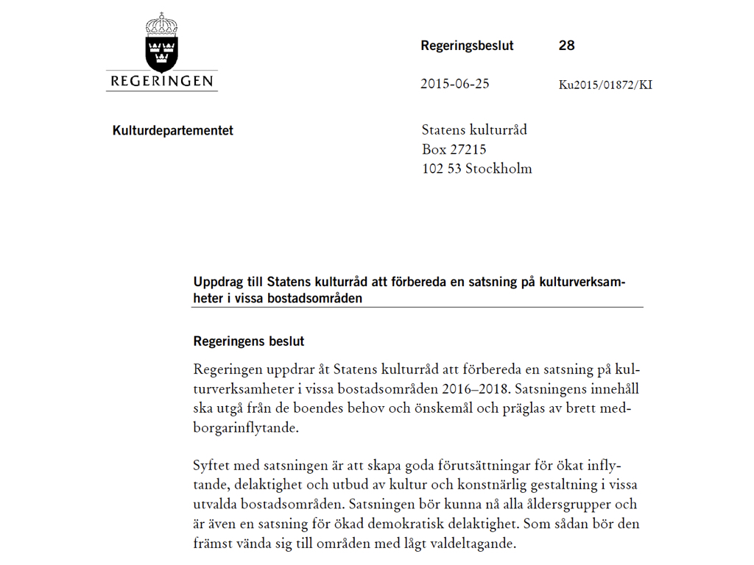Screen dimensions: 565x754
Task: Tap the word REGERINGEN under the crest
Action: pyautogui.click(x=161, y=81)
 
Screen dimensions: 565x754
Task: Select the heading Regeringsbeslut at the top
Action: pyautogui.click(x=467, y=46)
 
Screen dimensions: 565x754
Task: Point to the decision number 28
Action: pyautogui.click(x=566, y=46)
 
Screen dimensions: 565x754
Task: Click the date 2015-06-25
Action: pyautogui.click(x=454, y=84)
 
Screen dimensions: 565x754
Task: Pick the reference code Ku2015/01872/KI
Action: pyautogui.click(x=605, y=85)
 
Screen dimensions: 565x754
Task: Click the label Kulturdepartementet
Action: pyautogui.click(x=173, y=131)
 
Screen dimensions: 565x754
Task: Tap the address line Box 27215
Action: pyautogui.click(x=454, y=149)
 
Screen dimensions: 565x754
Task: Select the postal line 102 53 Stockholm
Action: pyautogui.click(x=476, y=168)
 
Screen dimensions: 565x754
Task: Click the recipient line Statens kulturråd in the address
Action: pyautogui.click(x=474, y=130)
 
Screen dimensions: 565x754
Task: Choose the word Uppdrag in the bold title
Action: pyautogui.click(x=217, y=282)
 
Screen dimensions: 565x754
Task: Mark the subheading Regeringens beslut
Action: pyautogui.click(x=249, y=341)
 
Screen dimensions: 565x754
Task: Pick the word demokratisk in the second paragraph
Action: pyautogui.click(x=458, y=525)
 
